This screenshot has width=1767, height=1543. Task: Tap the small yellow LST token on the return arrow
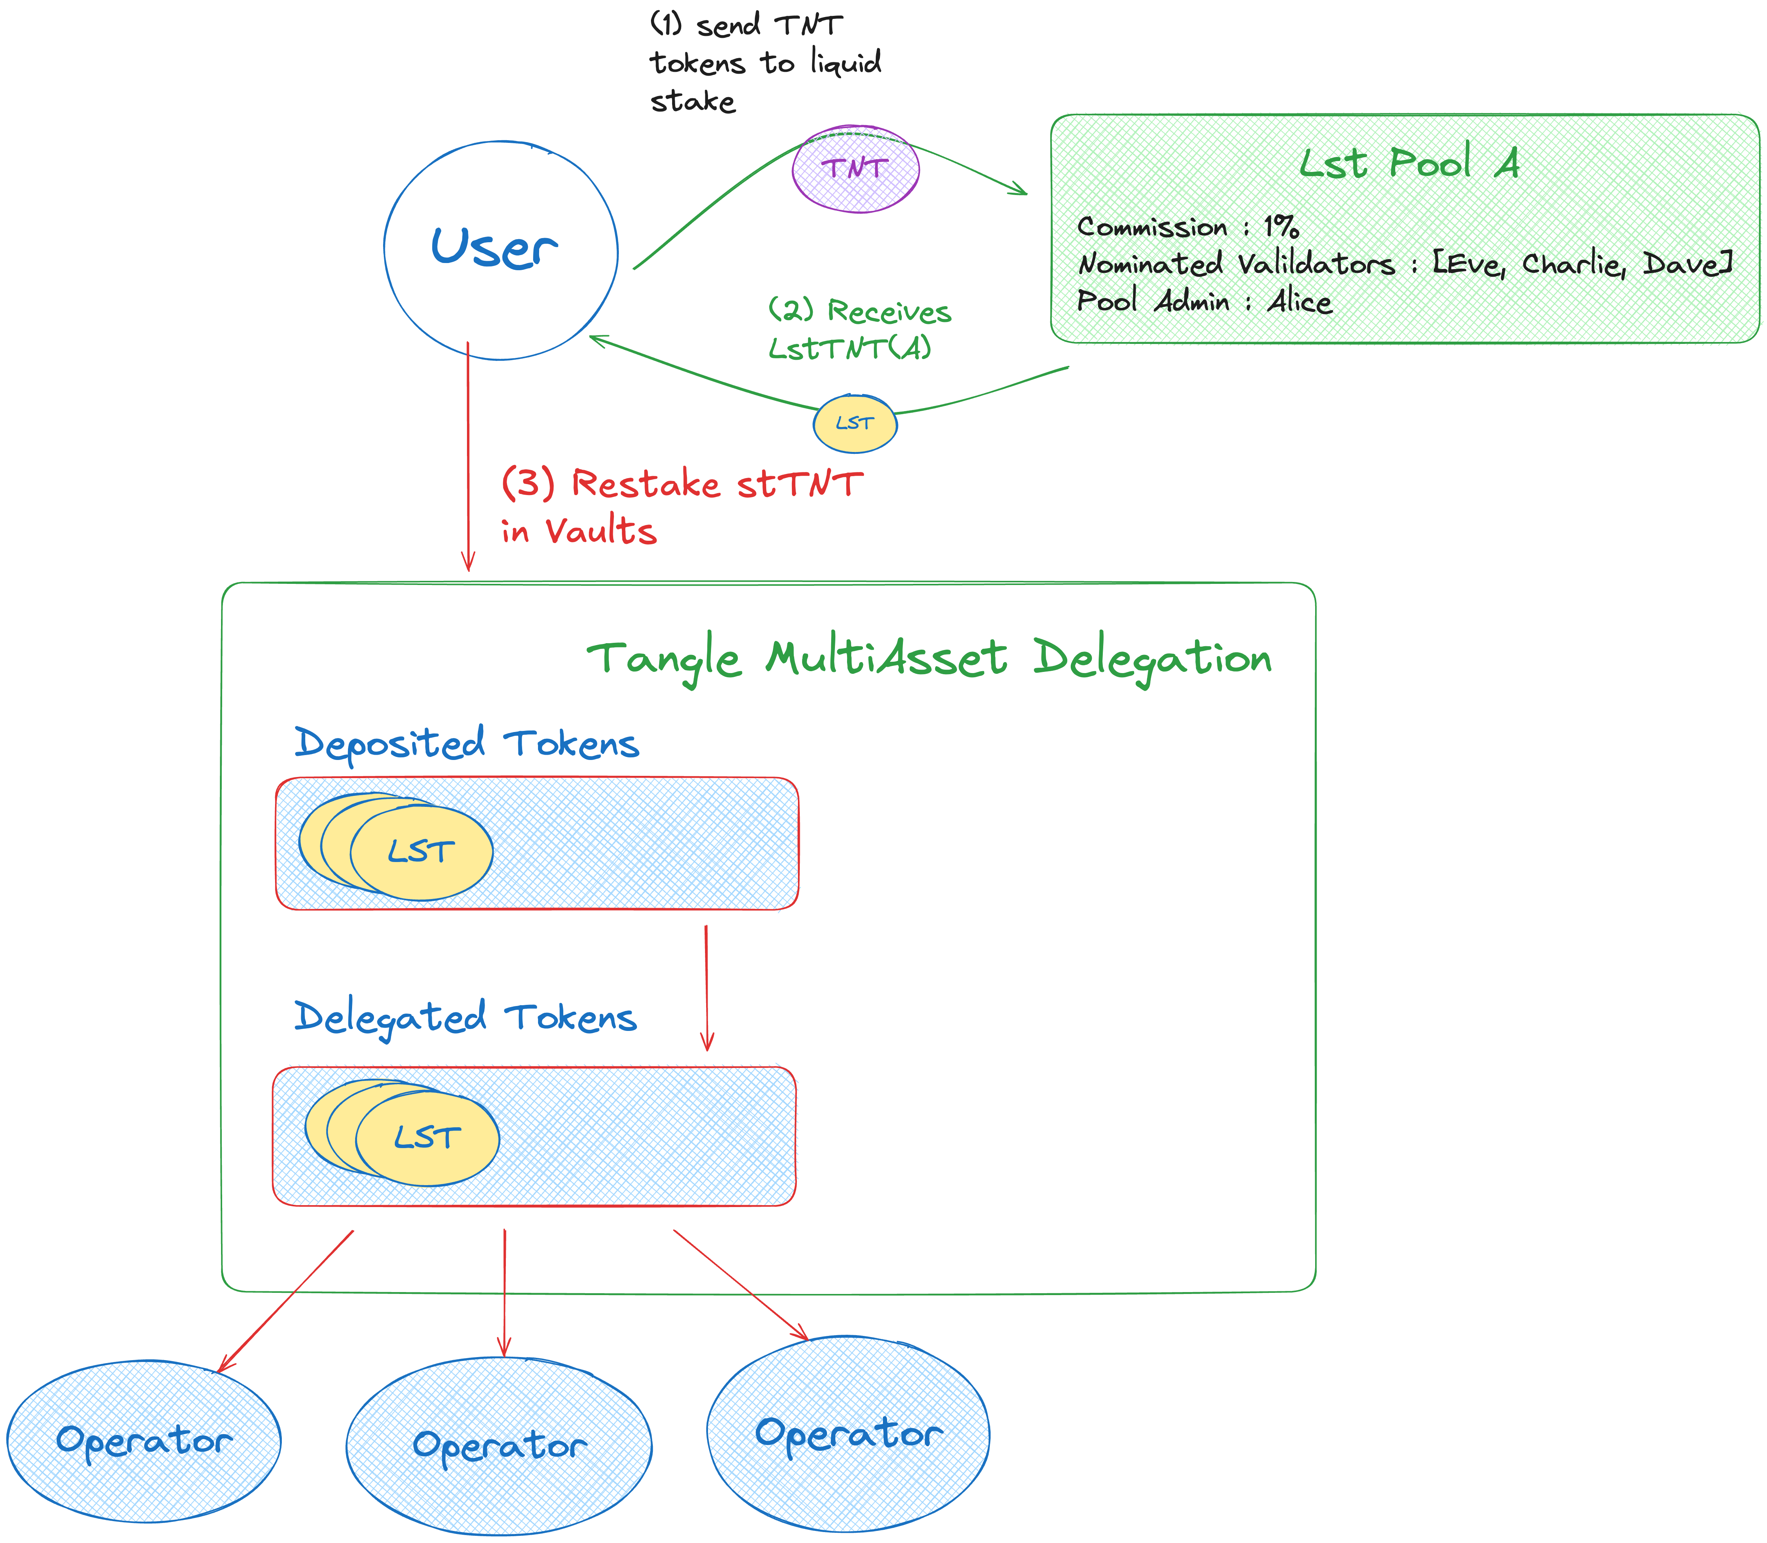coord(855,424)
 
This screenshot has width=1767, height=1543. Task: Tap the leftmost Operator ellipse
coord(144,1441)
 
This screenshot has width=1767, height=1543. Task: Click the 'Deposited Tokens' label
coord(467,743)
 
